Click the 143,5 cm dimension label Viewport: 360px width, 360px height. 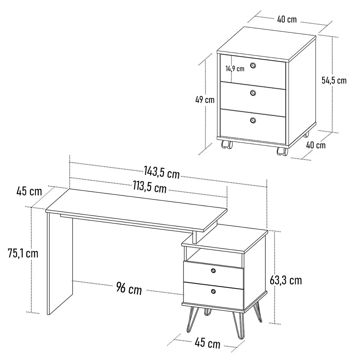[x=162, y=172]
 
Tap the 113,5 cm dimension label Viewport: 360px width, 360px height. [x=150, y=187]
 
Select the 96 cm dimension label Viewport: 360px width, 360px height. [x=129, y=288]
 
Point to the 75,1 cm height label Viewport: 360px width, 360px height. [x=23, y=253]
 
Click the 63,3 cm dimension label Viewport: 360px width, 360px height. [x=285, y=280]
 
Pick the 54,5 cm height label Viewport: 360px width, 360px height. [x=334, y=80]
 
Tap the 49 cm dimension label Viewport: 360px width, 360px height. [x=205, y=100]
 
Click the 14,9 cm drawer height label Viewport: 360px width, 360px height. [x=235, y=68]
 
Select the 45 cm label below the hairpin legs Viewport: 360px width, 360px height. [x=208, y=343]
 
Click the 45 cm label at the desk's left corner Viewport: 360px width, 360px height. [x=29, y=191]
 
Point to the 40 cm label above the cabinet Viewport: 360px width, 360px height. [x=287, y=19]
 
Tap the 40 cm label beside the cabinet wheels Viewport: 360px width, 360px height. [x=316, y=145]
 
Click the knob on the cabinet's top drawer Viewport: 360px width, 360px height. [x=253, y=66]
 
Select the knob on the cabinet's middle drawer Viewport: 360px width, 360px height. [x=253, y=93]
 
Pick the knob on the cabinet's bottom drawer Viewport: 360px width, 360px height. [x=253, y=120]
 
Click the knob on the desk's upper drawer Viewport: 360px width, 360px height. [x=213, y=271]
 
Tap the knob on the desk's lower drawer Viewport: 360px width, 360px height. [x=213, y=292]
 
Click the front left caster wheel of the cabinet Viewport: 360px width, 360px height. [x=227, y=145]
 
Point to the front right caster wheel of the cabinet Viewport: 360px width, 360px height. [x=282, y=151]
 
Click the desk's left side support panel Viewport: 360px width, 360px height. [x=60, y=264]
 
